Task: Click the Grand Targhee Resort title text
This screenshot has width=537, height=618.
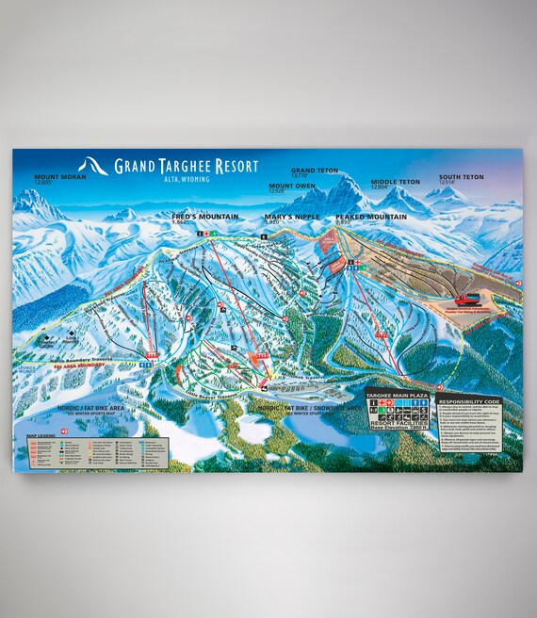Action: point(187,166)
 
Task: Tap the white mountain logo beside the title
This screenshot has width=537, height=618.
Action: point(93,166)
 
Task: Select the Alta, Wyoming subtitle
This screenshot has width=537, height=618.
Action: point(187,178)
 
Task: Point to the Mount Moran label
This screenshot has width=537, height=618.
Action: point(60,176)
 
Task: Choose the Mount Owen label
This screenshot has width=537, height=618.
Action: point(292,186)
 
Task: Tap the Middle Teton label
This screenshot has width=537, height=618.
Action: point(395,182)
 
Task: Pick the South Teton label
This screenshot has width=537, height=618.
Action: point(461,176)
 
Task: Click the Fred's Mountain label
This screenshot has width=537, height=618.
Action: point(204,216)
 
